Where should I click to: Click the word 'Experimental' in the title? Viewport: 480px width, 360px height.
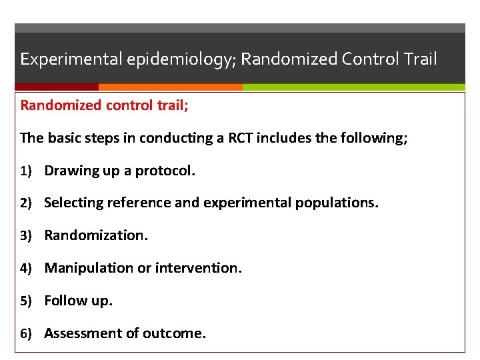[63, 59]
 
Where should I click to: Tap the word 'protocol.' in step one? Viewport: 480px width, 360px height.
[165, 171]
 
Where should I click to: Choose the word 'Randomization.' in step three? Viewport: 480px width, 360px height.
[96, 235]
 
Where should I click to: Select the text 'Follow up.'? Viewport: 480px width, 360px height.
[79, 301]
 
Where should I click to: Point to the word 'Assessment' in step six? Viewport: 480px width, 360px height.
[82, 333]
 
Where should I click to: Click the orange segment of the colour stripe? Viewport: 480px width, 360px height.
[170, 87]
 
